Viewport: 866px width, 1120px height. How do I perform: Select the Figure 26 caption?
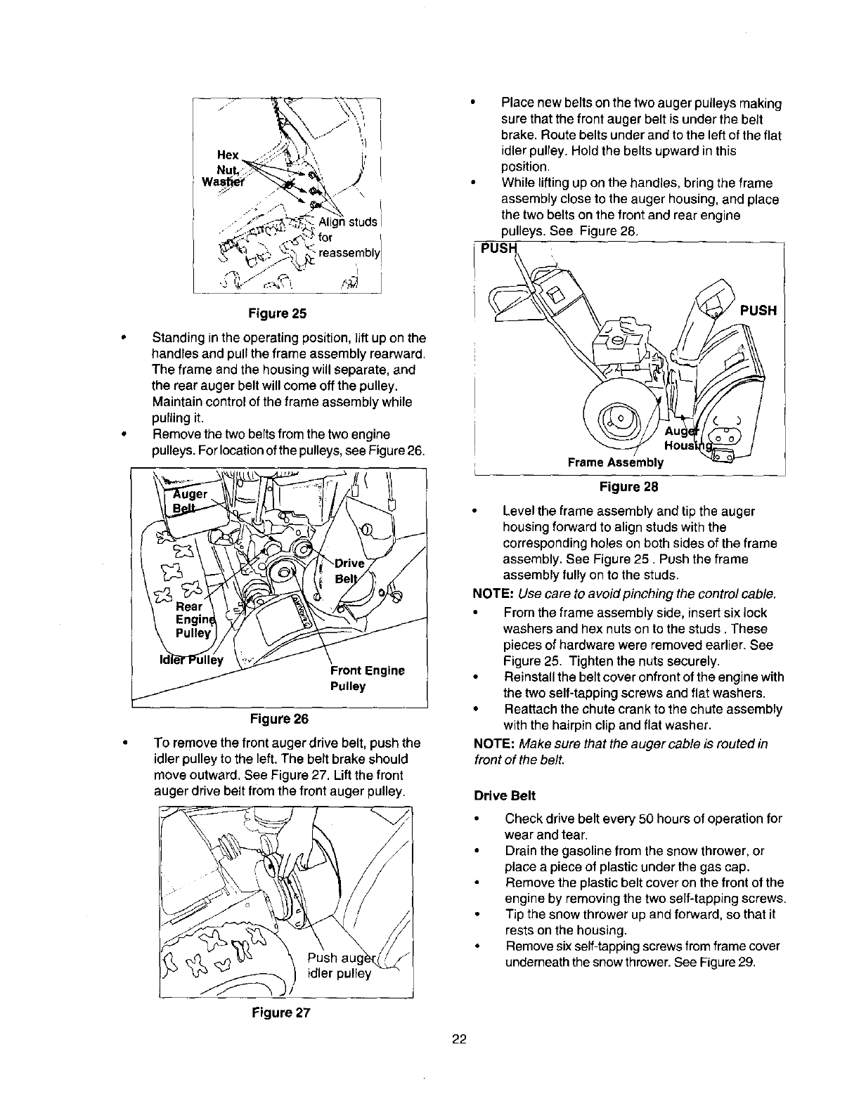(x=279, y=718)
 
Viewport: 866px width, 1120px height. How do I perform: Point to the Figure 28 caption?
(x=628, y=486)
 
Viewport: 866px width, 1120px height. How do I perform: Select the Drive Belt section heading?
(x=505, y=795)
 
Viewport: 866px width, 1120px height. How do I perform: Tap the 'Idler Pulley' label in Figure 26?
(x=191, y=660)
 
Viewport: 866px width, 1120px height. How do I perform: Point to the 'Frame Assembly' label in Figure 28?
(x=616, y=462)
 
